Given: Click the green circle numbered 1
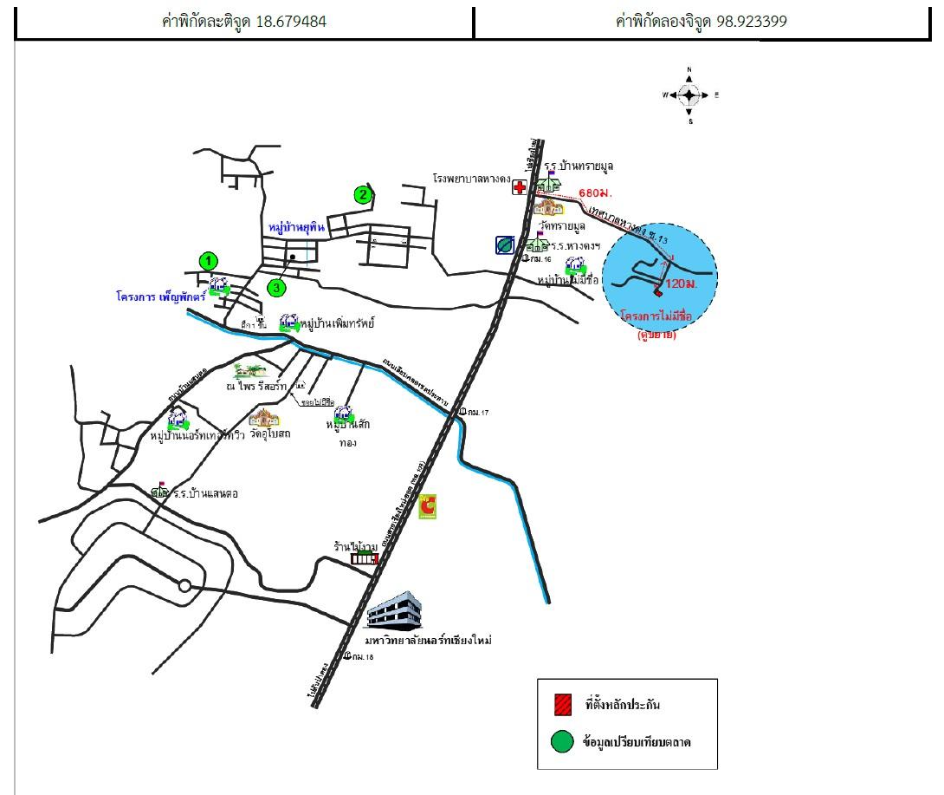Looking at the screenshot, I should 208,260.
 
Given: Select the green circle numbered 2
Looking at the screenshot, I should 364,195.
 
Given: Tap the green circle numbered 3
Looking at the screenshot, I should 276,287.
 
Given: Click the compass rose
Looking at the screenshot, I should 689,95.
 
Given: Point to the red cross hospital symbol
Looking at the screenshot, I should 520,187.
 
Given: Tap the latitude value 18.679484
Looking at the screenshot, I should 291,22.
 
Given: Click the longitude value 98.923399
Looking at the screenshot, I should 751,22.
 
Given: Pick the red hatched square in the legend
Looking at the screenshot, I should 562,704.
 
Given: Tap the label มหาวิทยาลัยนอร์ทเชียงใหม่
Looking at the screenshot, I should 428,641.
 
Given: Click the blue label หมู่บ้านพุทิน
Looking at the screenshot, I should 296,227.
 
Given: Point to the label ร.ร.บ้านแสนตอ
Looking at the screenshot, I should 205,493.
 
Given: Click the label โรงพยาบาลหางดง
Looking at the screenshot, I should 472,177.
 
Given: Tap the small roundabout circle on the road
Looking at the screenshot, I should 184,586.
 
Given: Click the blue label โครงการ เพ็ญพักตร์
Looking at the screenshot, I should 161,296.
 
